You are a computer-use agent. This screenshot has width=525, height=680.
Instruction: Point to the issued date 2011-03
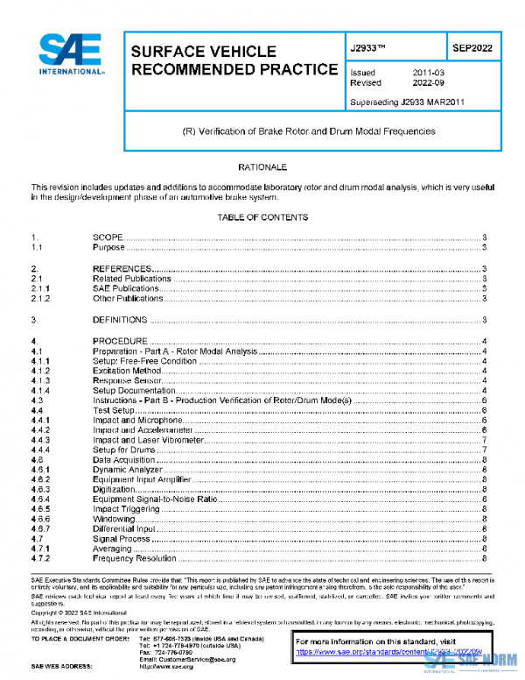coord(428,73)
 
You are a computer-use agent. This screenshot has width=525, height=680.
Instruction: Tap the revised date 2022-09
coord(428,83)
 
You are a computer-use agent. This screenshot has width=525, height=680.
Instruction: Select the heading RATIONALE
coord(262,166)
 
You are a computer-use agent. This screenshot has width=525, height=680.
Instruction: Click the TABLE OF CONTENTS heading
coord(262,217)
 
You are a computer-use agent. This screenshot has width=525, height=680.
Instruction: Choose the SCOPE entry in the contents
coord(109,237)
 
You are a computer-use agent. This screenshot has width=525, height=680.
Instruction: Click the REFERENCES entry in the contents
coord(123,268)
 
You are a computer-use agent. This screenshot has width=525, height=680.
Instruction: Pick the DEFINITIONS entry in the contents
coord(120,320)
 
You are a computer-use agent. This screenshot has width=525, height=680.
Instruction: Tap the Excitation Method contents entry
coord(127,371)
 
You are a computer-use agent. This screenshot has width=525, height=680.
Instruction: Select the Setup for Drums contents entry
coord(124,450)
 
